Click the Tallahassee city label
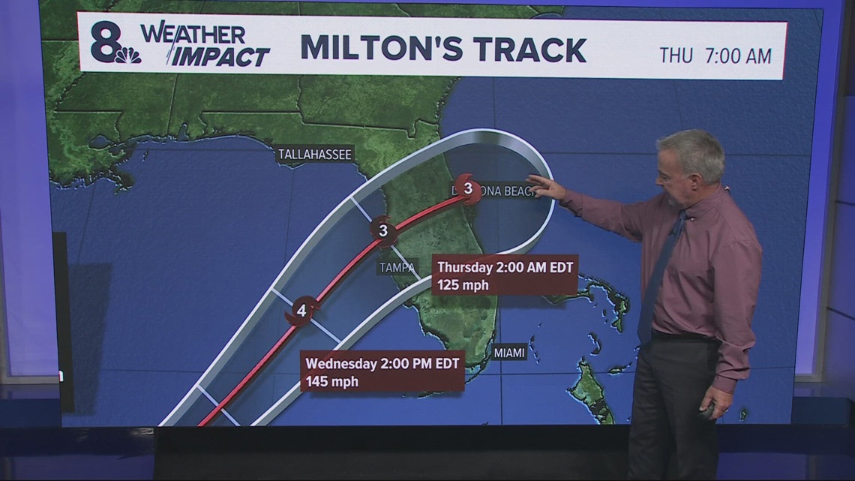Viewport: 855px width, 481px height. click(x=314, y=155)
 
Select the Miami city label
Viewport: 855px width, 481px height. click(x=509, y=353)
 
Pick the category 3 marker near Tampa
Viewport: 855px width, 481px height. click(x=383, y=231)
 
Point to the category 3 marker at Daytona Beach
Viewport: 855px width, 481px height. click(x=468, y=189)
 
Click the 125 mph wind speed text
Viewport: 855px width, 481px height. click(x=463, y=285)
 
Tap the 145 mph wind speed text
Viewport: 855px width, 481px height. click(x=331, y=380)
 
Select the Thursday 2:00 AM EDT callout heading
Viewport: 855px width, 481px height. click(x=504, y=267)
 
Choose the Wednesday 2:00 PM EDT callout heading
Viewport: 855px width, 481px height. click(x=382, y=362)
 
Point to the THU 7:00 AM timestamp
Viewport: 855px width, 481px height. click(x=715, y=55)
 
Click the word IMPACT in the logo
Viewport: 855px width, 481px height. click(x=220, y=57)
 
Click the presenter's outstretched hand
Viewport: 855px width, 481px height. click(x=545, y=186)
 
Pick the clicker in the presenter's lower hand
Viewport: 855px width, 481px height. click(x=706, y=410)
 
